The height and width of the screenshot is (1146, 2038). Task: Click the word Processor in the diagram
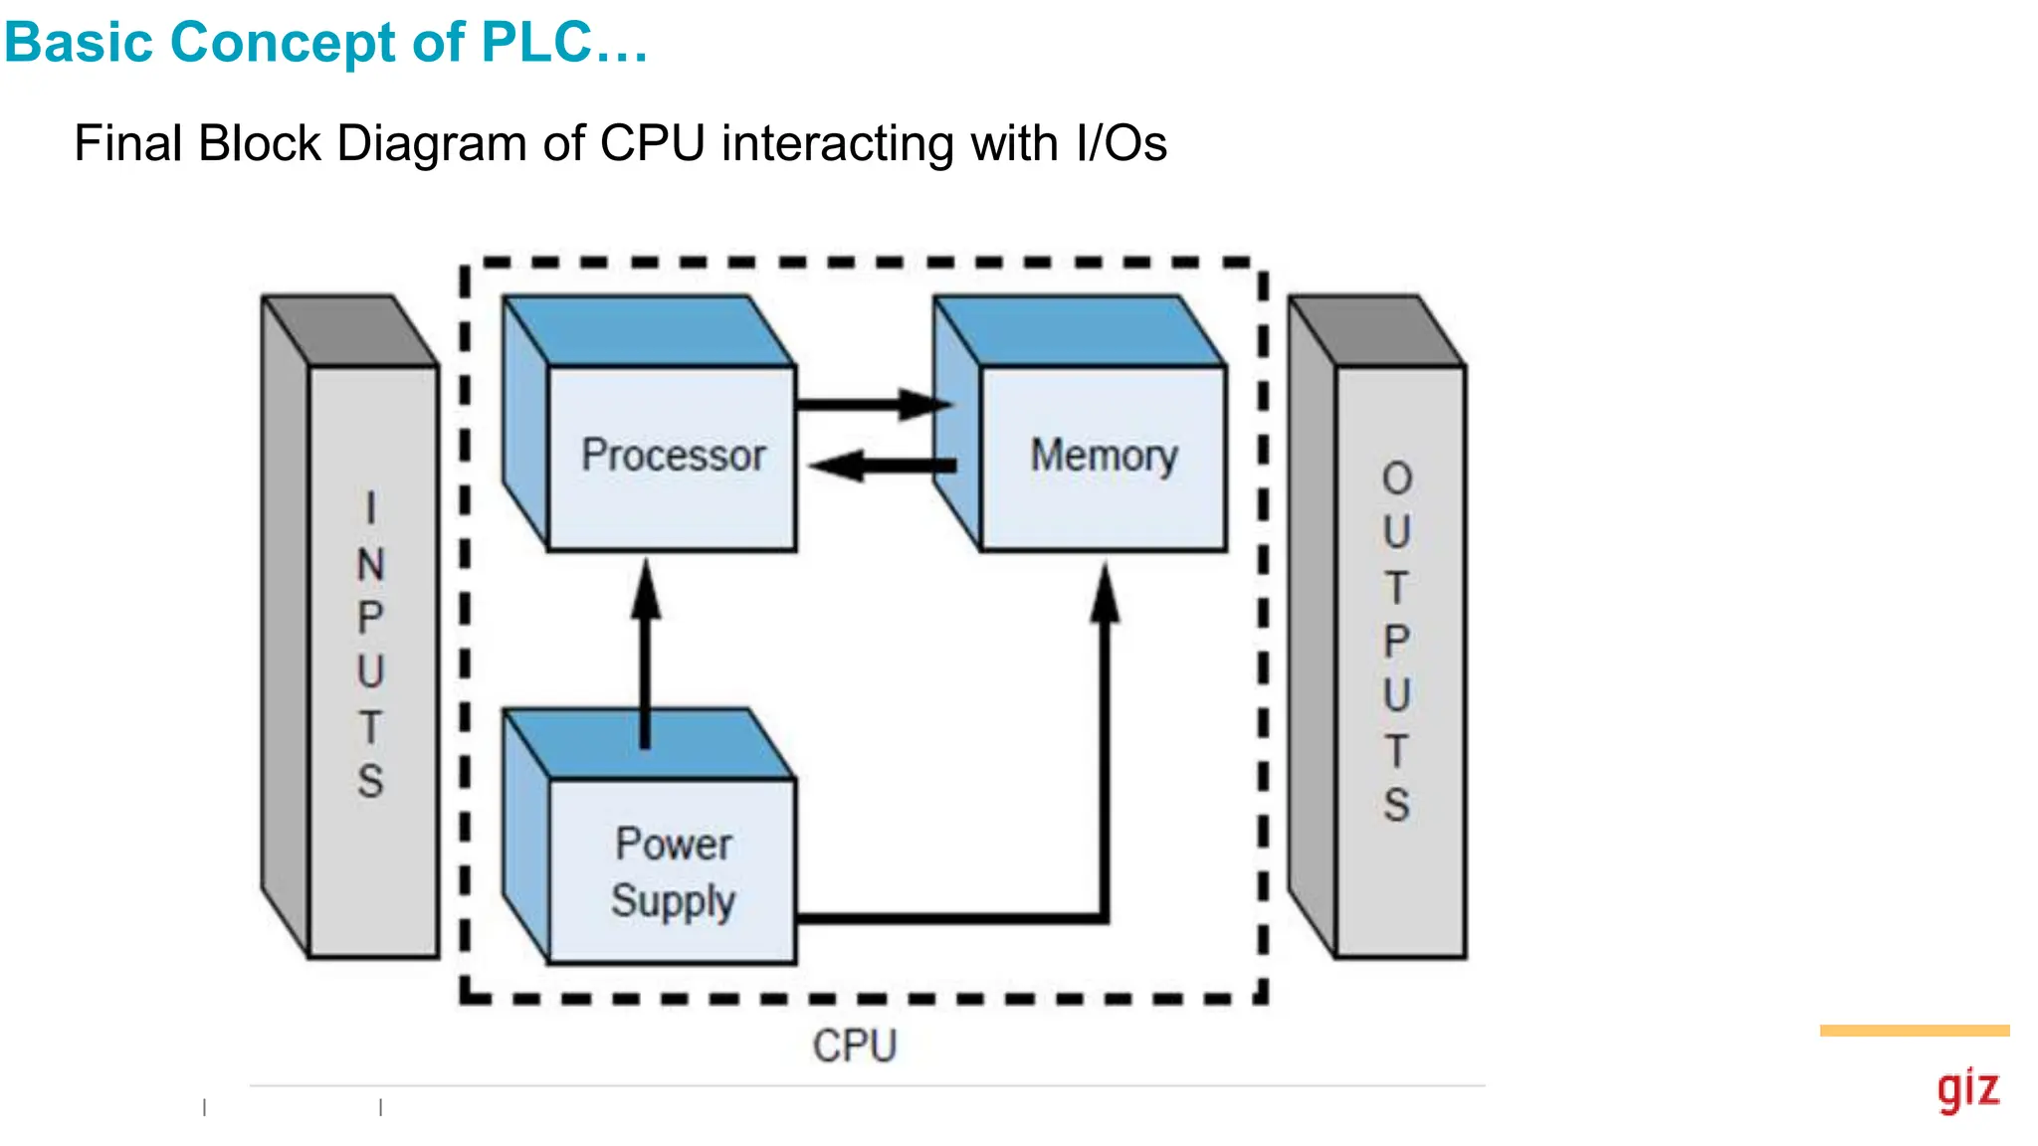[673, 456]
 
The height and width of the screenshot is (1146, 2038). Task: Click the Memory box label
[1104, 456]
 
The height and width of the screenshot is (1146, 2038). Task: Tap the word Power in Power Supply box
[674, 844]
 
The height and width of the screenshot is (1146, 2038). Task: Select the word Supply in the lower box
[673, 900]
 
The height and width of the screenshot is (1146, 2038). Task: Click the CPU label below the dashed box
[855, 1046]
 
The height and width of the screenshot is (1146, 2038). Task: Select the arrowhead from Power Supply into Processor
[646, 589]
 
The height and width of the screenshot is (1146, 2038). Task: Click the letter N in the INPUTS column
[370, 565]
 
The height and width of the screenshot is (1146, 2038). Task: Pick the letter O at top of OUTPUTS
[1397, 479]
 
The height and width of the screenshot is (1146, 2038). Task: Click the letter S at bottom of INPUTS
[370, 781]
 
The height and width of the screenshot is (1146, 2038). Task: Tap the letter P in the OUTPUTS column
[1397, 642]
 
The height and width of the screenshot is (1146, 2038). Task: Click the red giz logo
[1967, 1089]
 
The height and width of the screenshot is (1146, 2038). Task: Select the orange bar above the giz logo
[1914, 1031]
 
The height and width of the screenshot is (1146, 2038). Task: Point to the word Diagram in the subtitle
[432, 143]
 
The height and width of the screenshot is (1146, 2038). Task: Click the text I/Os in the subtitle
[1121, 143]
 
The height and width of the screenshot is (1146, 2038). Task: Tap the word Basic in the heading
[79, 43]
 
